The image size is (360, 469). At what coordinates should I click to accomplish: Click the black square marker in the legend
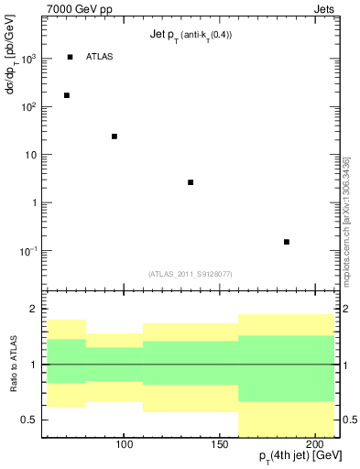[70, 57]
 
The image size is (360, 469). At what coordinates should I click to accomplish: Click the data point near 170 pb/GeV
[66, 95]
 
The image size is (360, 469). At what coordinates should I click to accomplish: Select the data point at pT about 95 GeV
[115, 136]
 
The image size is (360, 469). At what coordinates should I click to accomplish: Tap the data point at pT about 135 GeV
[191, 182]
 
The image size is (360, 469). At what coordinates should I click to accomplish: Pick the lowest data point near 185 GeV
[287, 242]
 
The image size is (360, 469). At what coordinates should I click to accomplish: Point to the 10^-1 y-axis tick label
[29, 250]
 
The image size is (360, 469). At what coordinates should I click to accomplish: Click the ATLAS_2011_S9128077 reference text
[191, 272]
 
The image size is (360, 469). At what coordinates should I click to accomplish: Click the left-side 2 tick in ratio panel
[33, 309]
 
